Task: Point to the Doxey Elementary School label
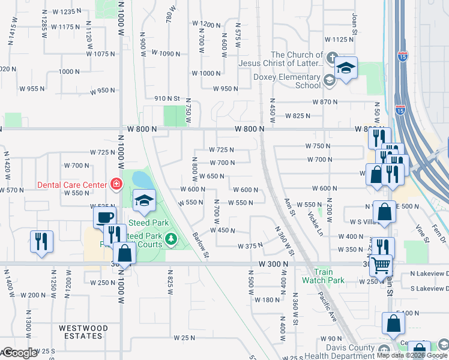tap(295, 81)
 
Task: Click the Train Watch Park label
tap(323, 276)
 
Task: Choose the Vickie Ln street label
tap(312, 224)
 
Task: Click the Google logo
tap(19, 353)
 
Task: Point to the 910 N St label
tap(167, 98)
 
